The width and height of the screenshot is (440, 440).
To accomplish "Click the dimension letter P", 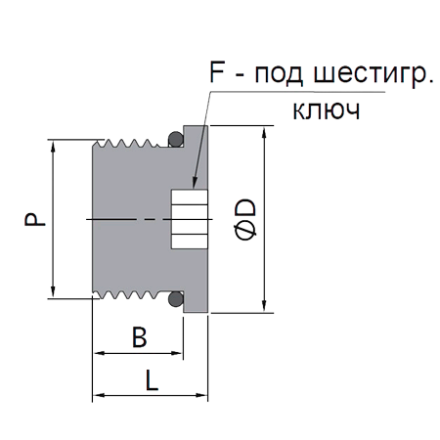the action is (x=35, y=219).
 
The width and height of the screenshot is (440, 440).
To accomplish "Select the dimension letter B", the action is (x=140, y=336).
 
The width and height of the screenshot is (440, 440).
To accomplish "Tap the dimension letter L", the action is (x=152, y=380).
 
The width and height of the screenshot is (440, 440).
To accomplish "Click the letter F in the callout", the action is (x=217, y=71).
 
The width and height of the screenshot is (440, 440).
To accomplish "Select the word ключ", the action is (x=326, y=110).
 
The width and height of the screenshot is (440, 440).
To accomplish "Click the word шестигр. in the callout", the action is (x=373, y=74).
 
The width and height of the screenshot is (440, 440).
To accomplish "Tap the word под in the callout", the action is (x=279, y=75).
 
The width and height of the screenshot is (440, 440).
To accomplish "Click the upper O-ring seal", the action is (x=175, y=140).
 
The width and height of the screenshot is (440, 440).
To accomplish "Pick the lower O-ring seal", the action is (x=175, y=299).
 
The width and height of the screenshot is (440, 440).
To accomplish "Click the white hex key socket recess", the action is (x=190, y=219).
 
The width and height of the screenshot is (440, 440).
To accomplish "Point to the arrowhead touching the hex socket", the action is (x=195, y=183).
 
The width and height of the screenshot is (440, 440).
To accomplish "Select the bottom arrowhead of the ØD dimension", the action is (x=264, y=306).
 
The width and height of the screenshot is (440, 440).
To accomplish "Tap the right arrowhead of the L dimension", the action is (x=201, y=395).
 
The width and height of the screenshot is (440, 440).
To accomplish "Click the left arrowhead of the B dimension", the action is (x=100, y=353).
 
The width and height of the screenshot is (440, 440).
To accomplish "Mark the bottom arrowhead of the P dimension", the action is (x=53, y=291).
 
